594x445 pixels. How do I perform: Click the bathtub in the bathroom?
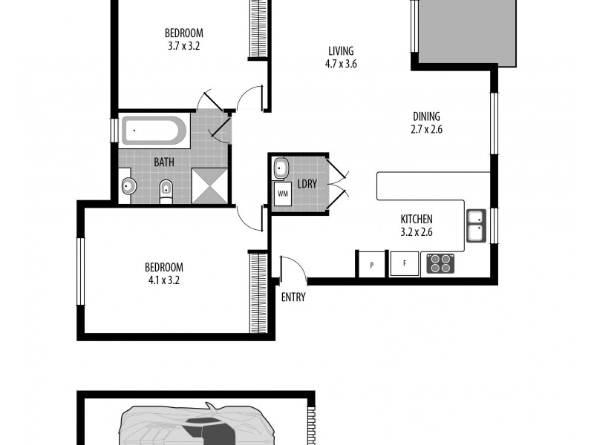tap(154, 132)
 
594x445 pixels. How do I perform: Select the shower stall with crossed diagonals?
tap(211, 185)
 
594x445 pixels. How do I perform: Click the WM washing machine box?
tap(282, 194)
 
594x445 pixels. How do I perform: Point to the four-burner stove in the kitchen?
tap(441, 263)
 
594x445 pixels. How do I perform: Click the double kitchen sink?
tap(476, 226)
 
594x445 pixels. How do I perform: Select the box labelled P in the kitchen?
tap(371, 264)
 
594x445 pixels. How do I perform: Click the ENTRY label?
tap(293, 297)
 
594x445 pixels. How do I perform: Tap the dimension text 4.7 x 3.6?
tap(341, 64)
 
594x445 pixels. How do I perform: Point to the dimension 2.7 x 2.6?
tap(427, 129)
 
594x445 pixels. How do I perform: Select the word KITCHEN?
tap(417, 220)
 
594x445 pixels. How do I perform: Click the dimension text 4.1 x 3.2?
tap(163, 280)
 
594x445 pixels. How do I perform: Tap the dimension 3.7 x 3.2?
tap(183, 45)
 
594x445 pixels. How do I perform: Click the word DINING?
tap(427, 116)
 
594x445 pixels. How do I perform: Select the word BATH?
tap(164, 162)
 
